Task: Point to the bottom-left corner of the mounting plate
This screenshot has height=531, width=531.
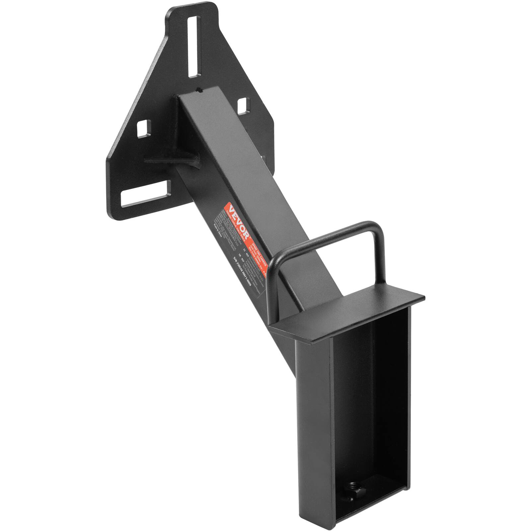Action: click(113, 212)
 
